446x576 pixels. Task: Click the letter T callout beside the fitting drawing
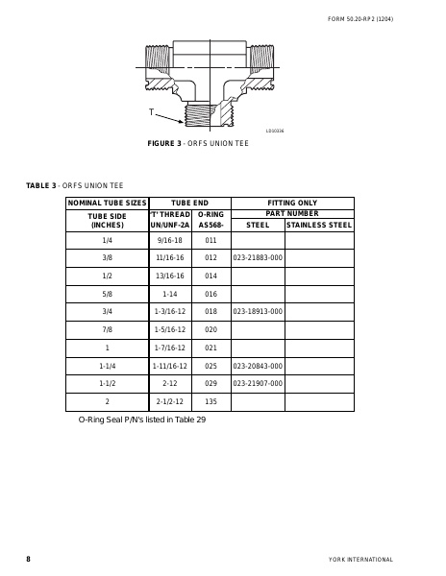pos(152,112)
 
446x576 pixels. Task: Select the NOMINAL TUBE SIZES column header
pos(106,203)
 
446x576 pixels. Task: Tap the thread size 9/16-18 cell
pos(169,239)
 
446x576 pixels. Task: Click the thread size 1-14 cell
pos(169,294)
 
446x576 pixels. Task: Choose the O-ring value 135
pos(211,402)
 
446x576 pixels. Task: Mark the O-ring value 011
pos(211,239)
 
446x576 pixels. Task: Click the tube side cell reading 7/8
pos(107,329)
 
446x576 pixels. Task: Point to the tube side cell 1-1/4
pos(107,366)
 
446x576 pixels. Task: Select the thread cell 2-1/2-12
pos(169,402)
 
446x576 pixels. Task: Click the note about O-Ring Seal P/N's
pos(142,420)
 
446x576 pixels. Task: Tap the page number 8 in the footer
pos(28,559)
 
